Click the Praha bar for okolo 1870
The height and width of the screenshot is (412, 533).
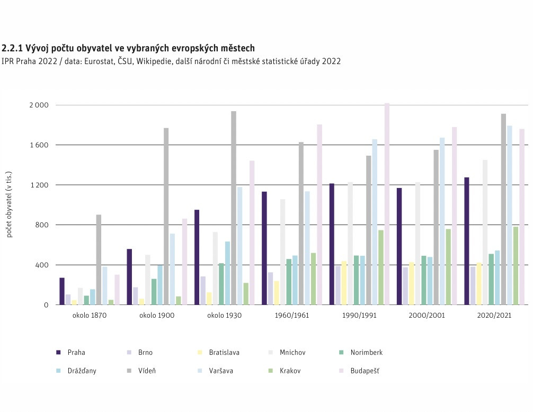coord(62,291)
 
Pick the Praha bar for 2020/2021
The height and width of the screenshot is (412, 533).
coord(467,241)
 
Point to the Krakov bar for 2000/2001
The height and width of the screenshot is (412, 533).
coord(448,267)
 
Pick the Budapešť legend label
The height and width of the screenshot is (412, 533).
coord(365,371)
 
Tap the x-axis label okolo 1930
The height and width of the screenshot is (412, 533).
coord(224,315)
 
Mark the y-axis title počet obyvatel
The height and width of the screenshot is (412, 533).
coord(10,205)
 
